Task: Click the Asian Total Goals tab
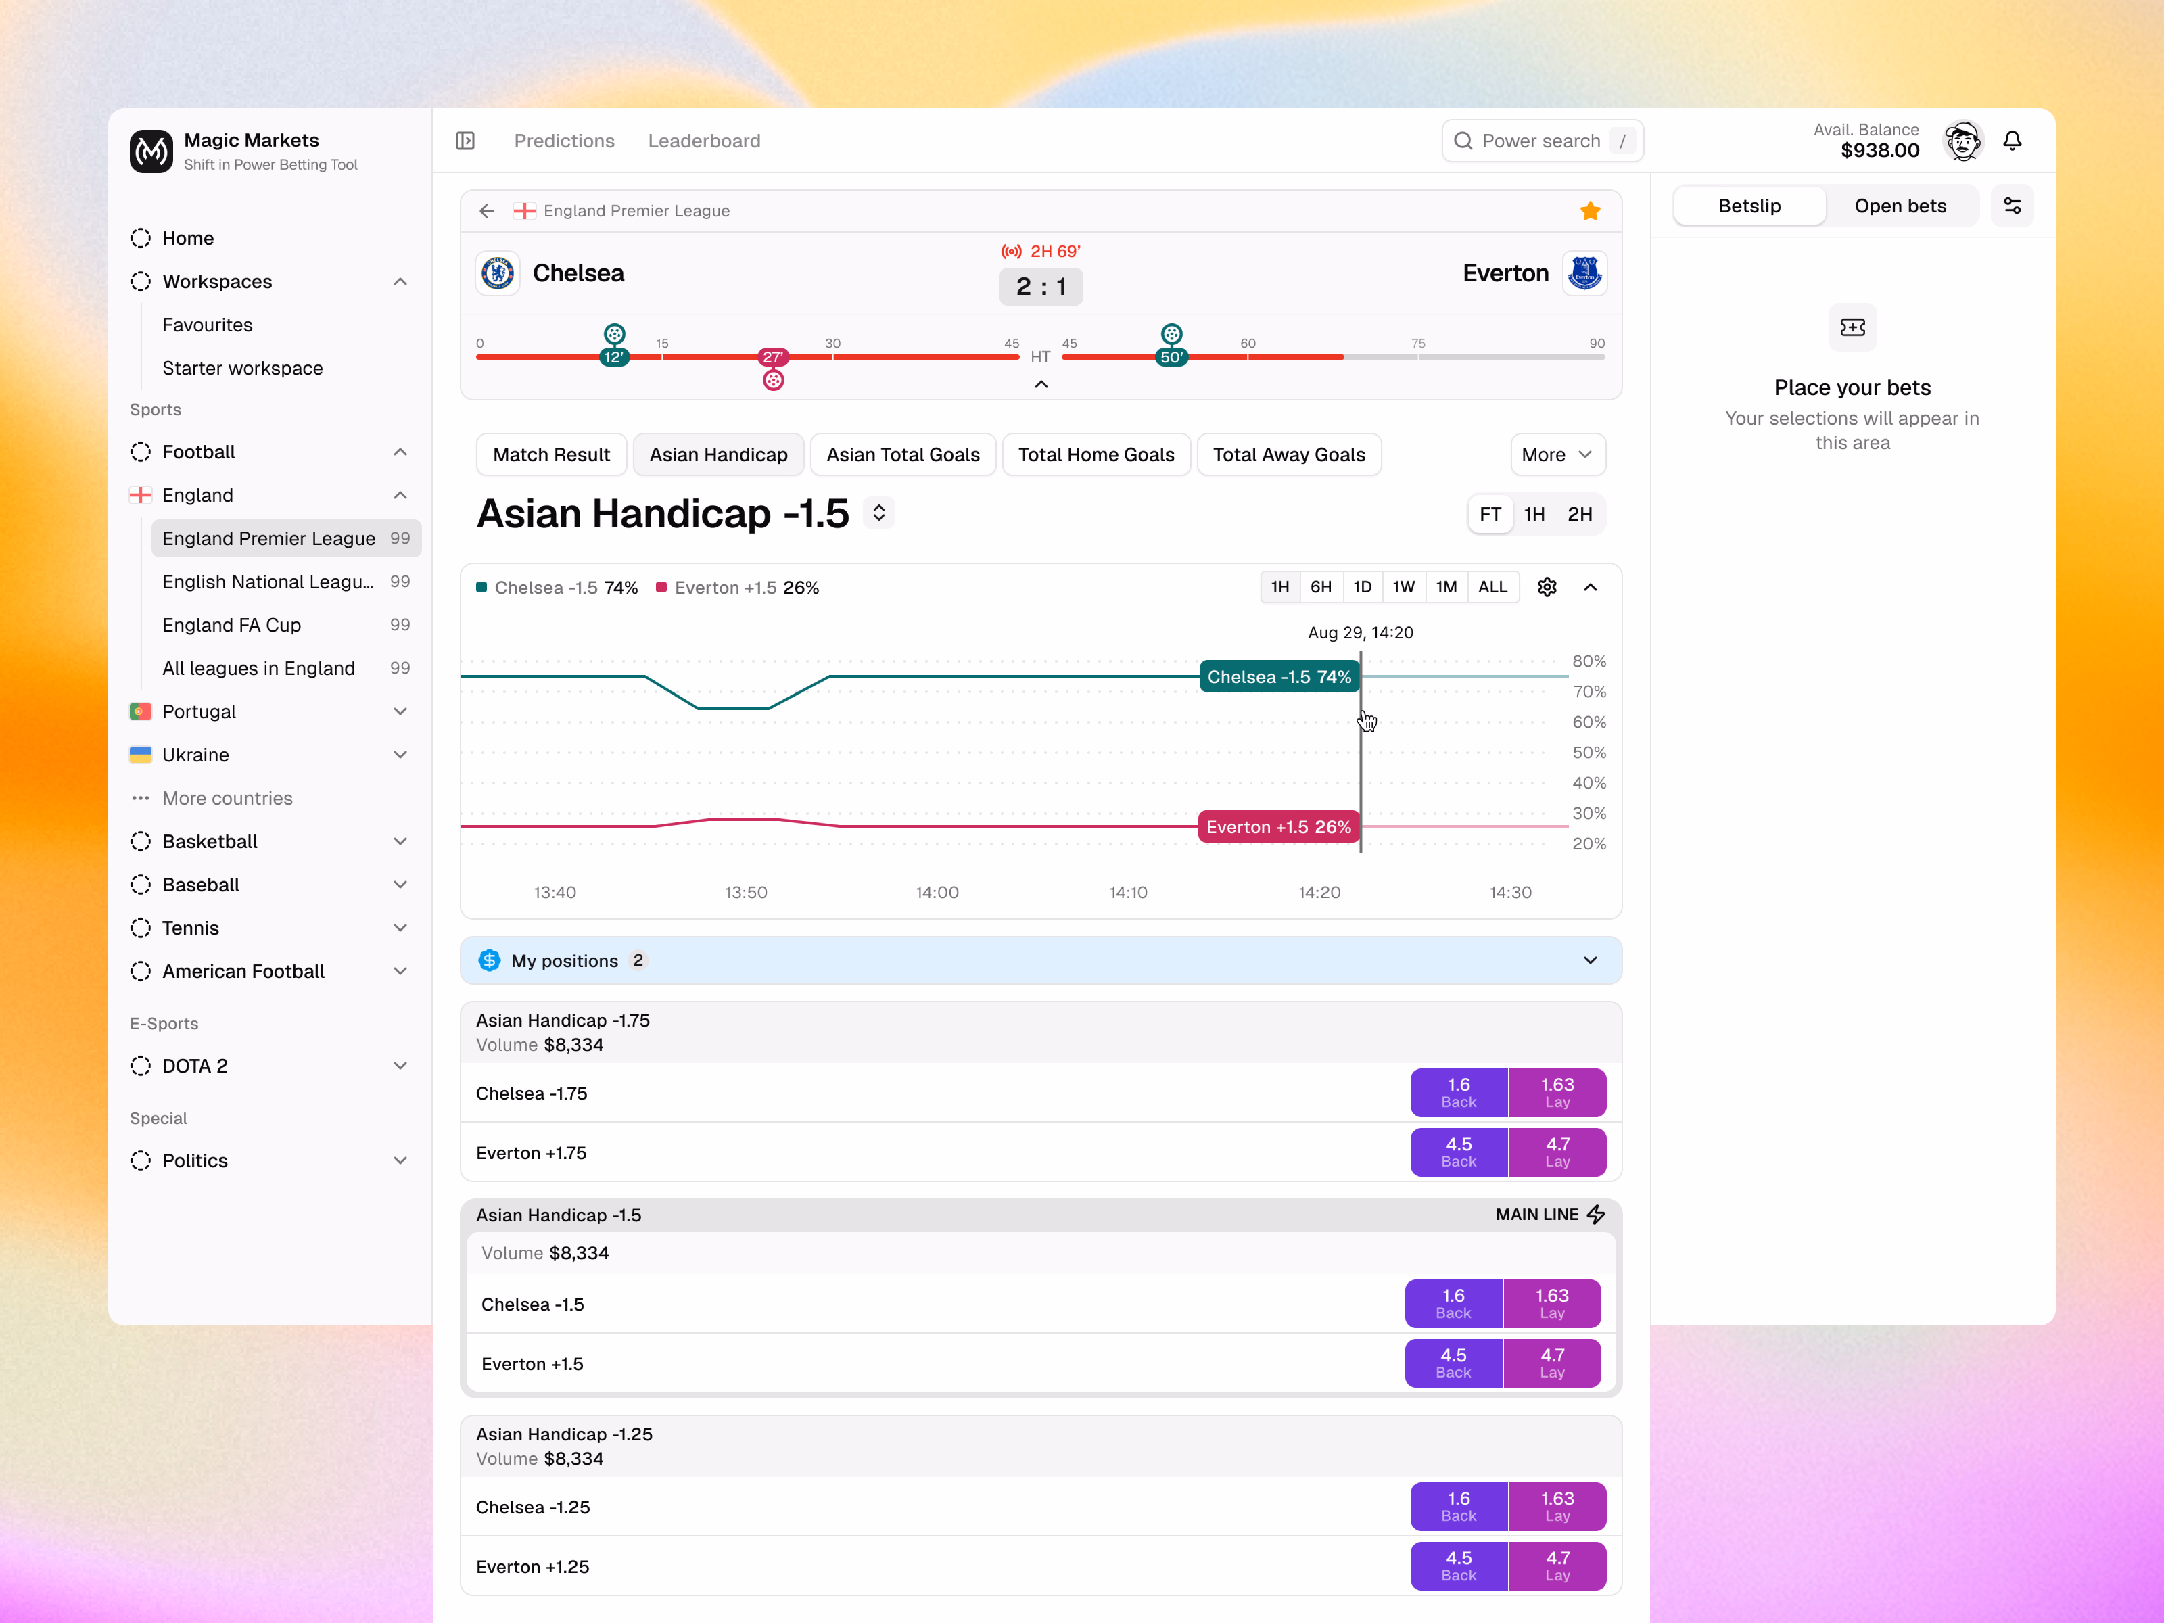902,455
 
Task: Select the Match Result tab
550,455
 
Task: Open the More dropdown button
1557,455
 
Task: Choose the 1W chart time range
1403,587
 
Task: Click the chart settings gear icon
1547,587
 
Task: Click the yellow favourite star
1590,210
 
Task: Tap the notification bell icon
2011,141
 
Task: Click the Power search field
1542,141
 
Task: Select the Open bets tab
1900,206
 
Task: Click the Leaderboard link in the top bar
703,141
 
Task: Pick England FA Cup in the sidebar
232,625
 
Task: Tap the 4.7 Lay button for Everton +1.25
1557,1566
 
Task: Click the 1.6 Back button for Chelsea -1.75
1458,1091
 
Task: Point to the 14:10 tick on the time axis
1128,892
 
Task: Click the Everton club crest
1584,273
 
